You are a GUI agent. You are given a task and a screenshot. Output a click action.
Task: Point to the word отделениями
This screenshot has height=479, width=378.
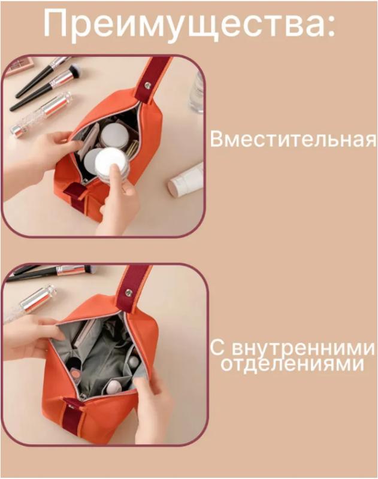[293, 363]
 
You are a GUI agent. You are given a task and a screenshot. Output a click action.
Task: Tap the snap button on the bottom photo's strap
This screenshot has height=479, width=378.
[129, 293]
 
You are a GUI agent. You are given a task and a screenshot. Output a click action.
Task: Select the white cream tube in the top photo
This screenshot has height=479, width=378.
[186, 180]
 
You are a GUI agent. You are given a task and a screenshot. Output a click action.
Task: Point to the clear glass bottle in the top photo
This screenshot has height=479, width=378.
[196, 92]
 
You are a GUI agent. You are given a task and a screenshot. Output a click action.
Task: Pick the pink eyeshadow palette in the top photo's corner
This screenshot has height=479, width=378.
[19, 66]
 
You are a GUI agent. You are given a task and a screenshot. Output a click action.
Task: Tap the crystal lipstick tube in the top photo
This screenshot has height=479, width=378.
[41, 114]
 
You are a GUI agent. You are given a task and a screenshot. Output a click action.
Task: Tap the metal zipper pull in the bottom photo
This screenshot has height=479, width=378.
[82, 398]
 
